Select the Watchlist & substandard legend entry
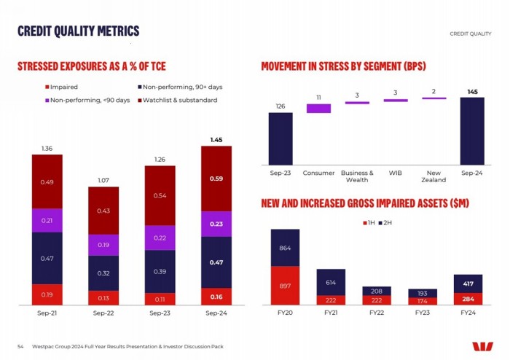177,100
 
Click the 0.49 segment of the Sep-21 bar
47,181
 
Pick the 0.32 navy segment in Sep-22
103,273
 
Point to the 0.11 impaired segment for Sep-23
160,299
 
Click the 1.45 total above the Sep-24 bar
216,139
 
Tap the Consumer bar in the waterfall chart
318,108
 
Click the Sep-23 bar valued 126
280,139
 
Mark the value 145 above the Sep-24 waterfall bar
472,91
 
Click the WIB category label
396,173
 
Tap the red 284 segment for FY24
468,298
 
